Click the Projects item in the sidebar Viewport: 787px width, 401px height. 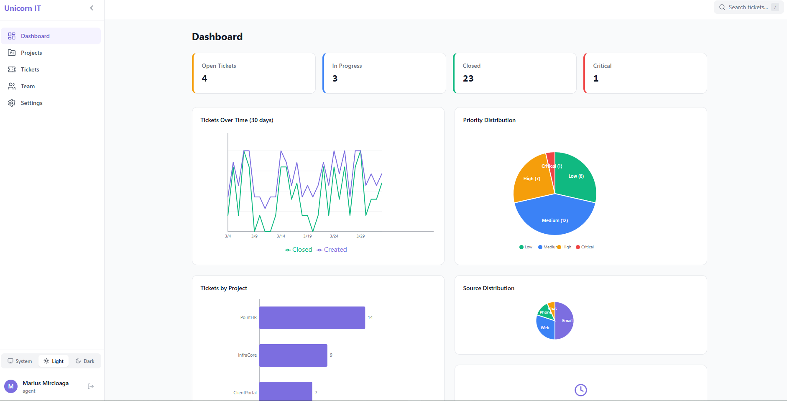(x=31, y=53)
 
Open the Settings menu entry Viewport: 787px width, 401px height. (x=31, y=103)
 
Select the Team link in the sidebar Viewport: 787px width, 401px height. (x=28, y=86)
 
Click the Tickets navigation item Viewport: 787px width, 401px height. (x=30, y=69)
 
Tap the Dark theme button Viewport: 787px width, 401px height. (x=85, y=361)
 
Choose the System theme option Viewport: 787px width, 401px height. (x=20, y=361)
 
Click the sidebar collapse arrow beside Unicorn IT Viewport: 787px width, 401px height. (x=92, y=8)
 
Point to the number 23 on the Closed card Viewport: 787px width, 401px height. (x=468, y=79)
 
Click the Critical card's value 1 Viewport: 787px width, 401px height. (x=595, y=79)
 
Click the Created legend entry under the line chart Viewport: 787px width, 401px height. (x=332, y=250)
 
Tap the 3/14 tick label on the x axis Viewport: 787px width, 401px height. (x=281, y=236)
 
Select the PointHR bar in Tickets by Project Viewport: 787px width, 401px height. (x=312, y=318)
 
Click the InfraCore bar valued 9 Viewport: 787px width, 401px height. (x=293, y=355)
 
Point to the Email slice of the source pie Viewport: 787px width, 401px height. (x=565, y=321)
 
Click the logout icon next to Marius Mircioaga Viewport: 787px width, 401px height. (x=91, y=386)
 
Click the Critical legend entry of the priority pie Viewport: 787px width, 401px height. (x=585, y=247)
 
